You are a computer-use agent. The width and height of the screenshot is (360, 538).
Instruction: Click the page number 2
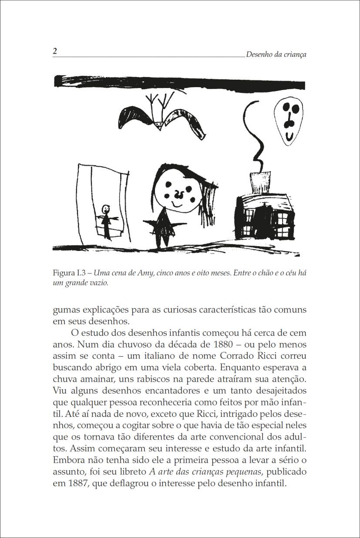[55, 51]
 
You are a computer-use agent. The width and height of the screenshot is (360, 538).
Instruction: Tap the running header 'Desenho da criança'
[276, 54]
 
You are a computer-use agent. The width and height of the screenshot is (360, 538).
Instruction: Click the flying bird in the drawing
[162, 117]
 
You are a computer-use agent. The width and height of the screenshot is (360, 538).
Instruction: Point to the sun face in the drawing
[288, 120]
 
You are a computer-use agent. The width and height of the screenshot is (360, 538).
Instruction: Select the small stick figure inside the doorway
[106, 220]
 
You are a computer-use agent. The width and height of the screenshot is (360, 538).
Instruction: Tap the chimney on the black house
[260, 182]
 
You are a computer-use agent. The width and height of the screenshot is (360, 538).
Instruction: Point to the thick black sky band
[179, 81]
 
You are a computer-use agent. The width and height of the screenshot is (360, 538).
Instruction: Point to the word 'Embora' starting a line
[67, 460]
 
